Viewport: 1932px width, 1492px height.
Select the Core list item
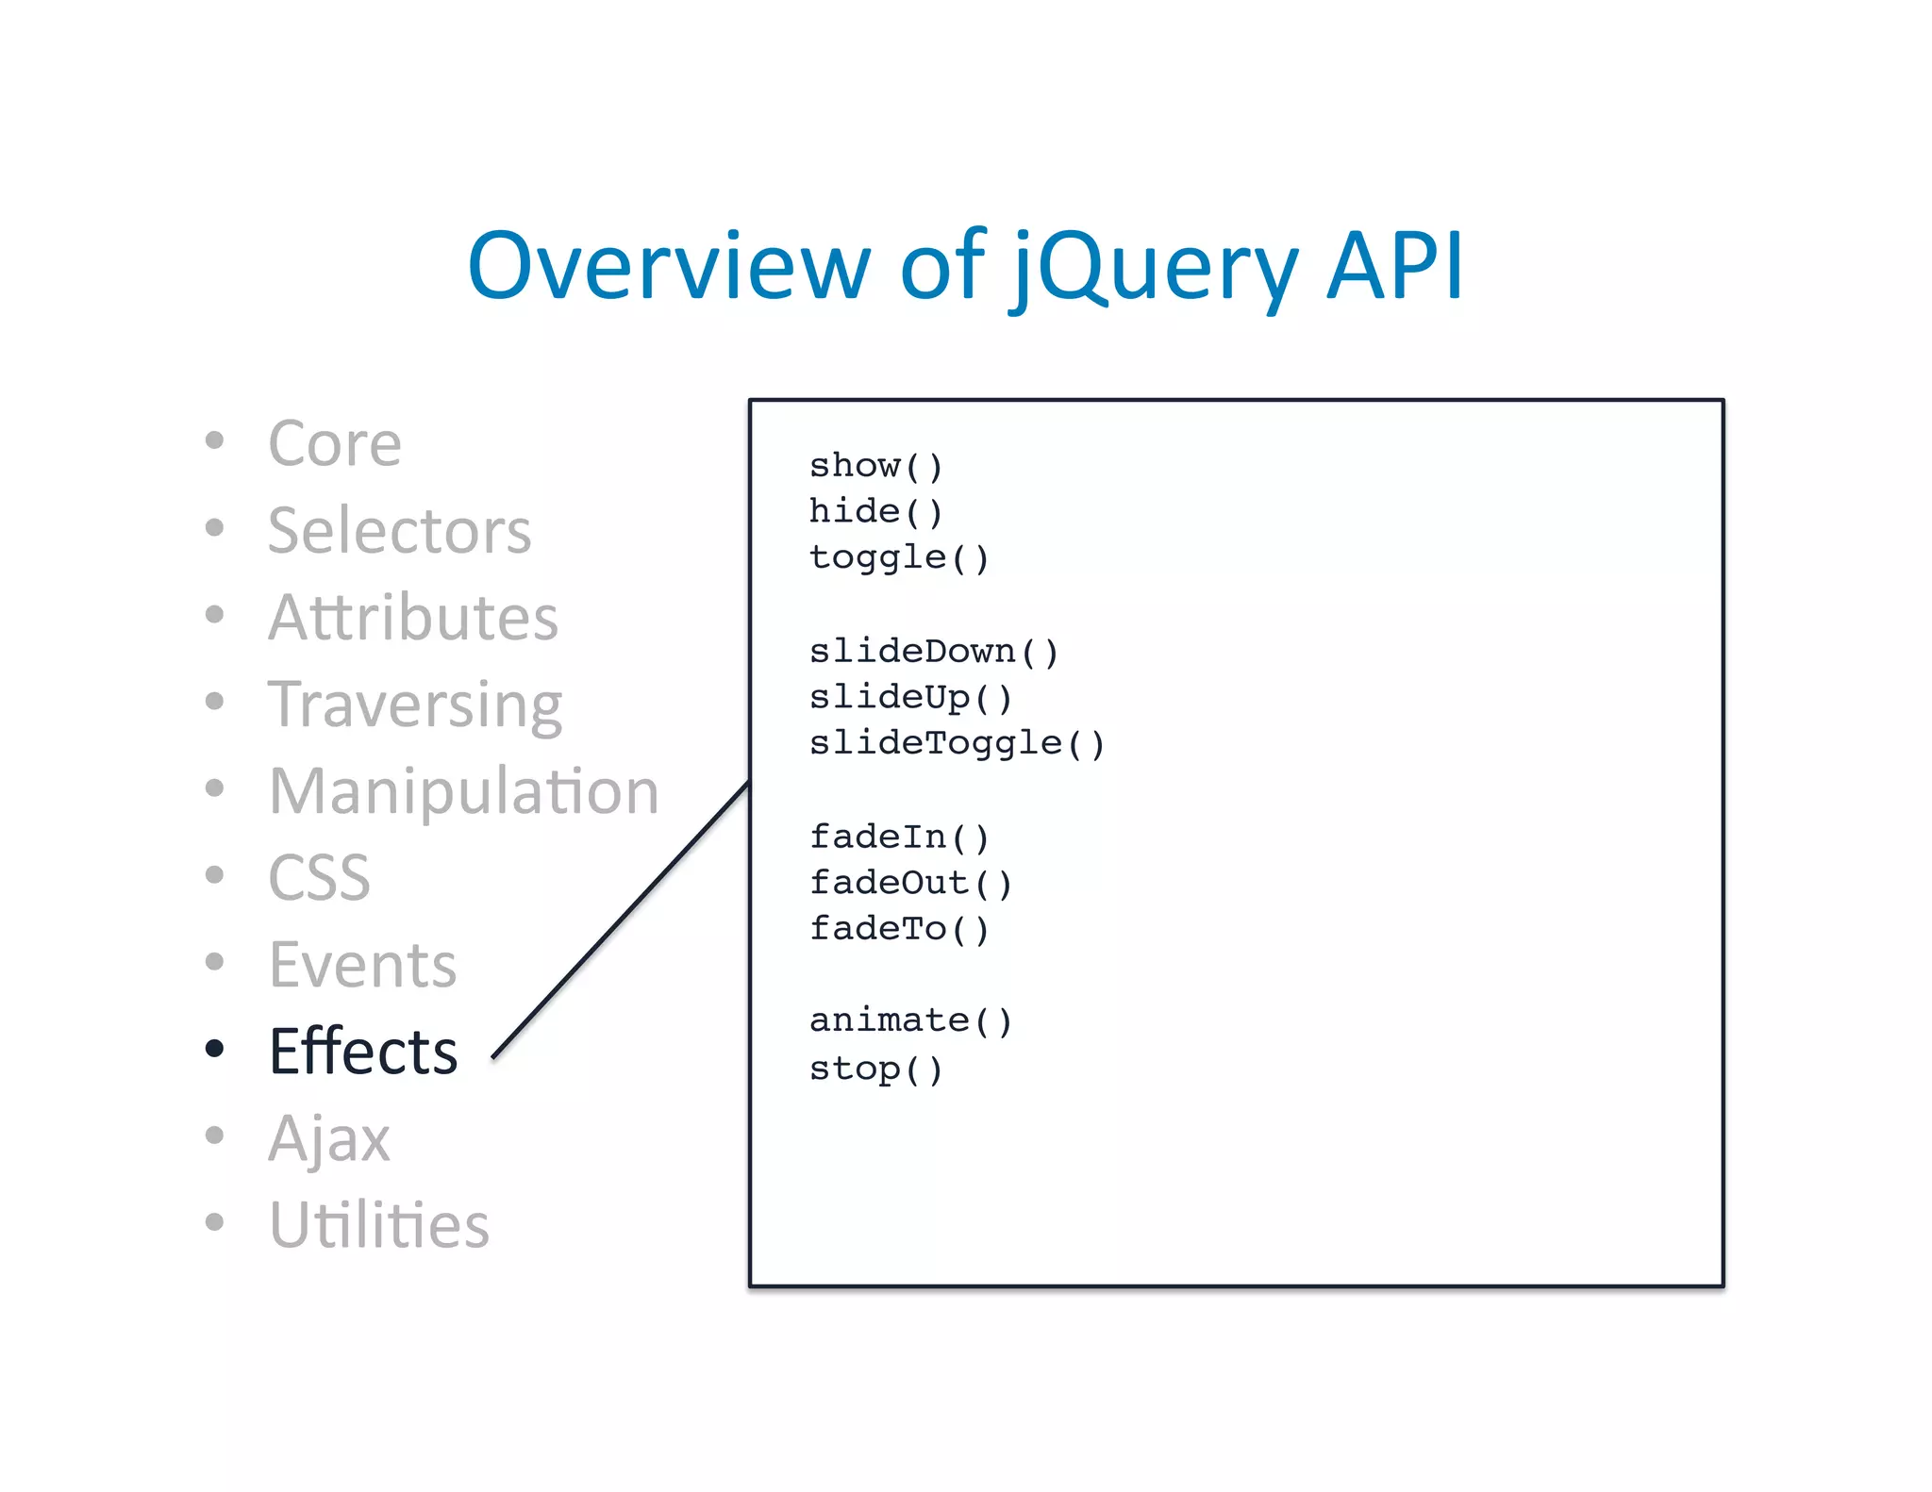[x=334, y=442]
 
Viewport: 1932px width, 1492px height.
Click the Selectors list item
[x=399, y=530]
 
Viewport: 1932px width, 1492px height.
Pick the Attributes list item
[x=412, y=617]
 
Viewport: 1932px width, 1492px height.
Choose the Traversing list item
[x=414, y=705]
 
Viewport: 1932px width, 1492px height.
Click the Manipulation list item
[x=463, y=790]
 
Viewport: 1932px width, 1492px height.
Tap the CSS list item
[x=319, y=877]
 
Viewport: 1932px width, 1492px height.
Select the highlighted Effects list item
[x=363, y=1051]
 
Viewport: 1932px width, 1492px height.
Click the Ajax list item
[x=328, y=1138]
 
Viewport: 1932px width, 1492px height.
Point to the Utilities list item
[x=378, y=1225]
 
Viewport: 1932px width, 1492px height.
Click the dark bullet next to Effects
[x=215, y=1048]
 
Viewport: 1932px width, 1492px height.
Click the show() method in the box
[x=875, y=466]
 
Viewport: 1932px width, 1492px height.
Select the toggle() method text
[x=898, y=557]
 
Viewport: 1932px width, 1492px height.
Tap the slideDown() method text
[x=933, y=652]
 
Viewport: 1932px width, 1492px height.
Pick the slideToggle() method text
[x=956, y=743]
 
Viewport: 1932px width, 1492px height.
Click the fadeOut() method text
[x=909, y=883]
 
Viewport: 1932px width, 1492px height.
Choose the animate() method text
[x=909, y=1020]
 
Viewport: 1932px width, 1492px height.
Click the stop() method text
[x=875, y=1069]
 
